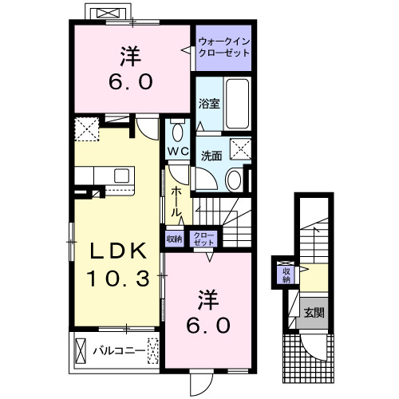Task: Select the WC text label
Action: click(x=176, y=151)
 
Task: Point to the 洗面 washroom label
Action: click(x=211, y=156)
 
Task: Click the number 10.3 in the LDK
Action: click(x=117, y=279)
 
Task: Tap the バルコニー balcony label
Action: click(x=117, y=350)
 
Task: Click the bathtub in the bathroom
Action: click(x=238, y=104)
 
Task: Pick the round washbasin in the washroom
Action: click(x=233, y=179)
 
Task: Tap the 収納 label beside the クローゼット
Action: click(x=174, y=238)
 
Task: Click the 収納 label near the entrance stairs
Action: click(x=285, y=275)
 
